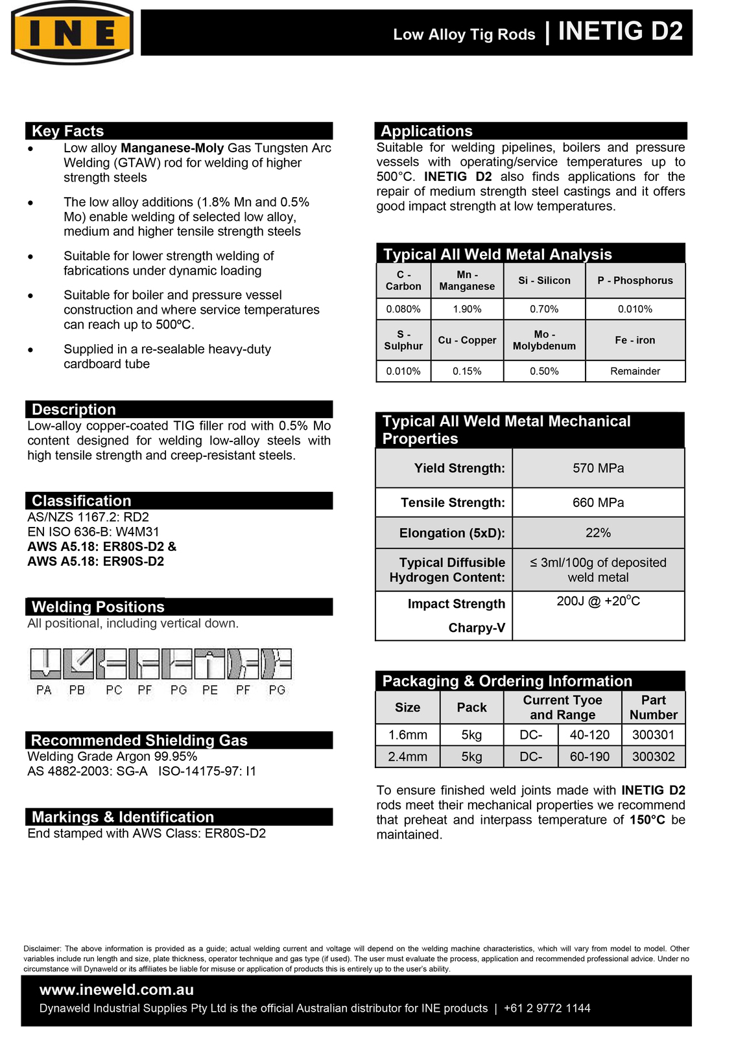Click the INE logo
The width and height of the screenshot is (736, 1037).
(x=72, y=33)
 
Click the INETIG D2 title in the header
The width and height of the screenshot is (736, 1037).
(x=620, y=32)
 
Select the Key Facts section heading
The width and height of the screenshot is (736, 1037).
(x=68, y=131)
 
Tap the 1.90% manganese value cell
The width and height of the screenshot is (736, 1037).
(x=467, y=309)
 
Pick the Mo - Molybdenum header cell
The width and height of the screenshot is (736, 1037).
(x=544, y=340)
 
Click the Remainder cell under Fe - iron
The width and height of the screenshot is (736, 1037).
(x=635, y=371)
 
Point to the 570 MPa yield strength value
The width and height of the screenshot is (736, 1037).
(x=598, y=468)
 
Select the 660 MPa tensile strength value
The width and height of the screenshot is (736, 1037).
(x=598, y=502)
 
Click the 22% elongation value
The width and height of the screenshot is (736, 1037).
(x=598, y=533)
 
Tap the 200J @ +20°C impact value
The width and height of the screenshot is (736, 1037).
(x=598, y=601)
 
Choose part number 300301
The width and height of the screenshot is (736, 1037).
(x=653, y=735)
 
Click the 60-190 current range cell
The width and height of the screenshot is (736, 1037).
(x=589, y=756)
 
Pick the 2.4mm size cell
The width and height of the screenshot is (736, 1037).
(x=407, y=756)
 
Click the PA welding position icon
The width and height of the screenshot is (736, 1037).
(x=45, y=664)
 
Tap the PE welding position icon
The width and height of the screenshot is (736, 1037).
(x=209, y=664)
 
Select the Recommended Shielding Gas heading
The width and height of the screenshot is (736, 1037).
(x=139, y=740)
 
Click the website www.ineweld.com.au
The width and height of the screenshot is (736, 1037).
(x=117, y=990)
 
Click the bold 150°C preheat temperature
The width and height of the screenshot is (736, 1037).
(x=647, y=820)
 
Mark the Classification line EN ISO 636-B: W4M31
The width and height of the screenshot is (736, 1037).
(x=93, y=532)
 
